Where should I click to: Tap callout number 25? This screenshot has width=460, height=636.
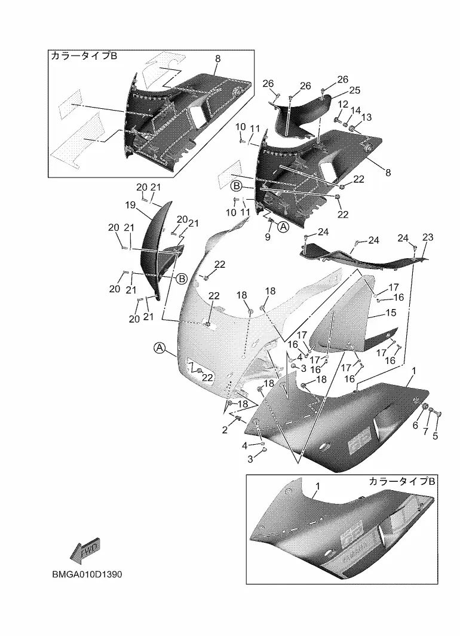pos(355,90)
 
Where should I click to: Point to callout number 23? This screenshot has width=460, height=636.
pos(428,237)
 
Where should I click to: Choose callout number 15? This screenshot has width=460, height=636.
pos(391,313)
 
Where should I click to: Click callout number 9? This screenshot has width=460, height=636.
pos(268,237)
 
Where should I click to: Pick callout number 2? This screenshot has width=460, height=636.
pos(225,430)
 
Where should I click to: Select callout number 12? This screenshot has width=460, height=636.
pos(343,105)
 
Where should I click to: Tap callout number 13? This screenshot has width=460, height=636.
pos(366,117)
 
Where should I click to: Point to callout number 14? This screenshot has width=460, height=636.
pos(355,111)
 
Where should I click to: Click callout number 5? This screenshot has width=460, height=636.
pos(435,436)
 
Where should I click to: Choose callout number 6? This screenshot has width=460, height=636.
pos(415,425)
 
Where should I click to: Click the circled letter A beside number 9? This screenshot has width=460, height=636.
pos(283,227)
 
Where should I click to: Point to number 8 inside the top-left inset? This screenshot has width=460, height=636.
pos(217,59)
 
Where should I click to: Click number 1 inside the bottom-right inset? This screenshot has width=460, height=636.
pos(318,487)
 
